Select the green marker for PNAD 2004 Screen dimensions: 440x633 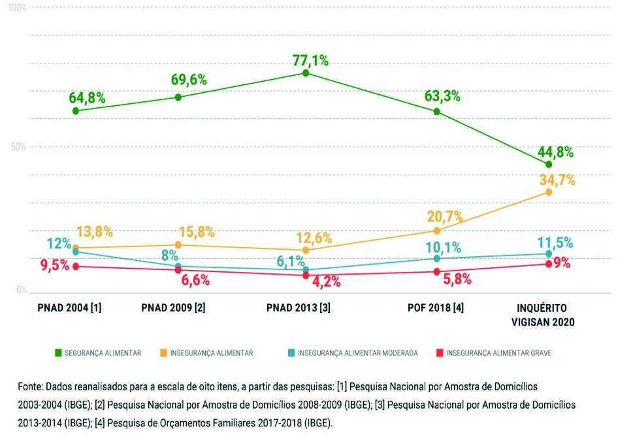76,111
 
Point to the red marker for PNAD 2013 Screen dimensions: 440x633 306,275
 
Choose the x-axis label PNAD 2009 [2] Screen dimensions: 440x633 173,307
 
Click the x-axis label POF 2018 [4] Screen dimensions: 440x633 438,307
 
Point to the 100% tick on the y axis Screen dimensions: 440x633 18,7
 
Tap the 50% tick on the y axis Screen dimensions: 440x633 19,147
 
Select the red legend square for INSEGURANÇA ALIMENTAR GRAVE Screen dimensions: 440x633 440,353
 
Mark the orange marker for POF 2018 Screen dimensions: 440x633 437,230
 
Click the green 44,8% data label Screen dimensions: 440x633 555,152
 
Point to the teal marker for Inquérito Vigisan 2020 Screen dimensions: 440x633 549,254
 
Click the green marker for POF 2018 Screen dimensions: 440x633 437,112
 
